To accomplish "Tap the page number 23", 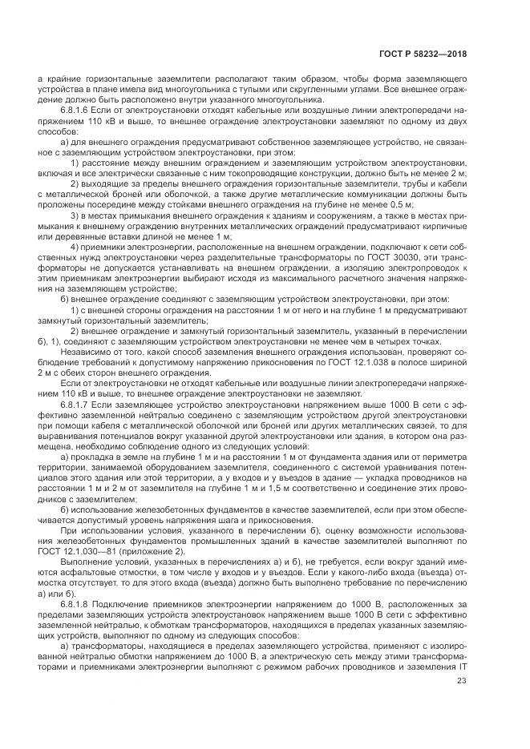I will (461, 681).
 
